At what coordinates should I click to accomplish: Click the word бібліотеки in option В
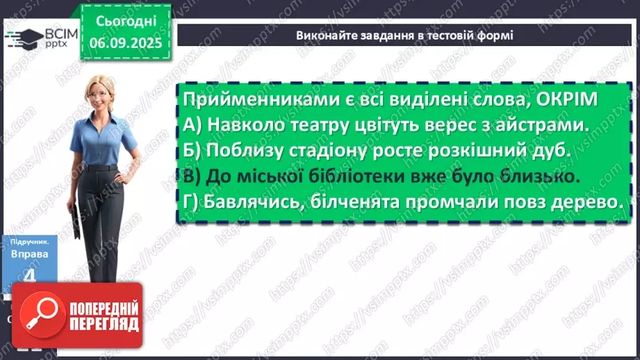pyautogui.click(x=371, y=177)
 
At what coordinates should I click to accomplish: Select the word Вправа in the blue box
pyautogui.click(x=29, y=254)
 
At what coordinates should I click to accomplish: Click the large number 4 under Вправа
pyautogui.click(x=28, y=276)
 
